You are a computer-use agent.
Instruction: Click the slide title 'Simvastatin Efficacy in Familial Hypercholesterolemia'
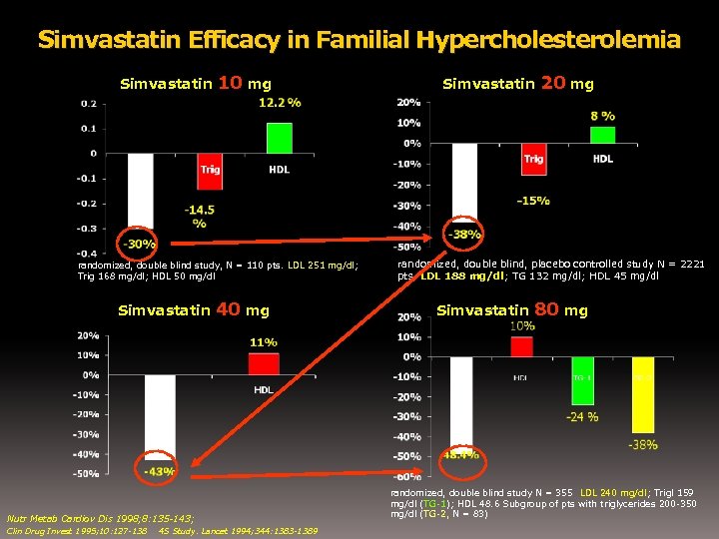pos(359,41)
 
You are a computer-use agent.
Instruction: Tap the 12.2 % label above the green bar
pos(280,103)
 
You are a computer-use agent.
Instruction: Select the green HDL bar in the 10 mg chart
pos(280,138)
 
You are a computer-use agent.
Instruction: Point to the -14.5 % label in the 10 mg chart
pos(199,216)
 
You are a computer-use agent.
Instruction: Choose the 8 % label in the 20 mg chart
pos(602,116)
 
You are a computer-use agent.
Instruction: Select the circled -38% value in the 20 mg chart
pos(463,235)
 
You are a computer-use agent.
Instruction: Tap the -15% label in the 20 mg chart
pos(532,201)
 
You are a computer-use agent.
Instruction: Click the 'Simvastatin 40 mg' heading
pos(194,310)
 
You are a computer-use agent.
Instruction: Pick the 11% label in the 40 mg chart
pos(263,342)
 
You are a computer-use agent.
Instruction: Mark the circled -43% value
pos(159,470)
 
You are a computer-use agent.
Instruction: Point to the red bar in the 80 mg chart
pos(521,346)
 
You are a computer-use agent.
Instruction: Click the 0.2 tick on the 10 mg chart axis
pos(88,104)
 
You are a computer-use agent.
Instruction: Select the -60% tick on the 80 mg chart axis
pos(409,476)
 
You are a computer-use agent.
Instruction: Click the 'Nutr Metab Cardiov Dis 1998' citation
pos(100,518)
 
